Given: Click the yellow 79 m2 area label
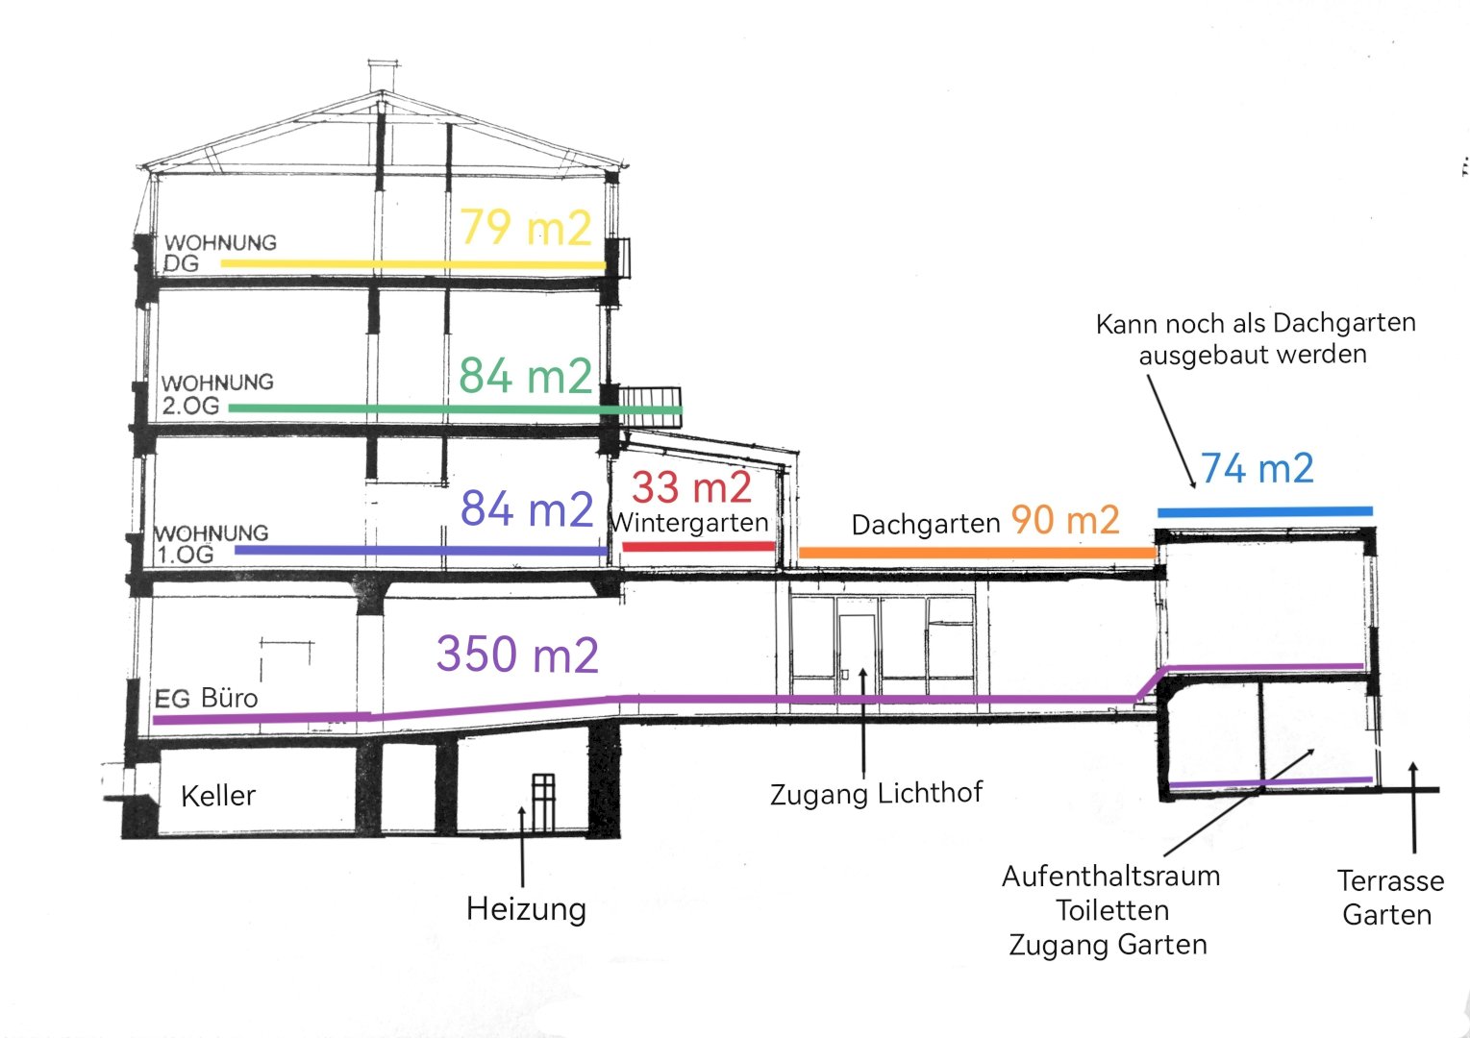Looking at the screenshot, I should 525,228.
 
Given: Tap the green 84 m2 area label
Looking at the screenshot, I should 525,376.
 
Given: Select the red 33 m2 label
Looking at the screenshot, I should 691,487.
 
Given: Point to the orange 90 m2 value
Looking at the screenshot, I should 1065,520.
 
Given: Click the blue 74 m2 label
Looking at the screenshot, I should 1257,469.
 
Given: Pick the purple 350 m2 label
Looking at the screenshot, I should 517,655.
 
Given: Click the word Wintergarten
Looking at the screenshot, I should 690,523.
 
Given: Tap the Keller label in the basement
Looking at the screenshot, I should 218,796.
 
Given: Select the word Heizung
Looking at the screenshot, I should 526,908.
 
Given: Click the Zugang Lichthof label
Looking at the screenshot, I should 877,793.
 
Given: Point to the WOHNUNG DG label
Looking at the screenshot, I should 220,252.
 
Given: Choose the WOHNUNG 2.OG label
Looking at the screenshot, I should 217,394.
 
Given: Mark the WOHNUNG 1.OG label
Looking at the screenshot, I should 211,543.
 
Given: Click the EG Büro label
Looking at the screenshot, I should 207,698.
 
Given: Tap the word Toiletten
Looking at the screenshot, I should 1112,910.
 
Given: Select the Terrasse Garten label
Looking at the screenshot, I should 1389,897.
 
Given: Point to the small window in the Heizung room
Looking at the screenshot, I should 543,803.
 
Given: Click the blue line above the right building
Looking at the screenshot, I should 1265,511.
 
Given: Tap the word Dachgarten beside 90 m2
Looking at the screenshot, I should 926,525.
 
